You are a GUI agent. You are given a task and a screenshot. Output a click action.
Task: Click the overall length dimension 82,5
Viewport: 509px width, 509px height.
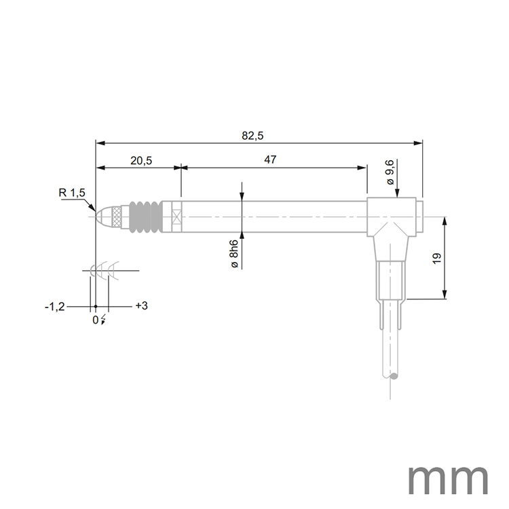(x=252, y=136)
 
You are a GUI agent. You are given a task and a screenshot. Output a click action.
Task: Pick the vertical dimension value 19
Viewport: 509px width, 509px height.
(x=436, y=258)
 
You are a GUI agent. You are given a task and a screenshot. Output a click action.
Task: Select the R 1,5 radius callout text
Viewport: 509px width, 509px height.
(x=71, y=193)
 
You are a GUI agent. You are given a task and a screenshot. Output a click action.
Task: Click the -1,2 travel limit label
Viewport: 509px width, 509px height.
(x=54, y=307)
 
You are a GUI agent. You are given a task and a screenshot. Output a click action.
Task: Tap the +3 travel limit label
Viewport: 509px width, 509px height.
(x=141, y=306)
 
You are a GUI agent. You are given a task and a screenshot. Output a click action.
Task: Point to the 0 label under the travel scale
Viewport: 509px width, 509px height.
(x=95, y=320)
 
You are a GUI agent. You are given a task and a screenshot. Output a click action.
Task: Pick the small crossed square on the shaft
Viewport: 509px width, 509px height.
(x=177, y=217)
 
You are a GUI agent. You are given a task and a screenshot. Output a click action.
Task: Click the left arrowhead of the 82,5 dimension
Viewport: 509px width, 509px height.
(x=100, y=143)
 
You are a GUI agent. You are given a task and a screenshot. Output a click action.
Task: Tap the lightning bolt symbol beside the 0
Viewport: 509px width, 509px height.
(x=102, y=320)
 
